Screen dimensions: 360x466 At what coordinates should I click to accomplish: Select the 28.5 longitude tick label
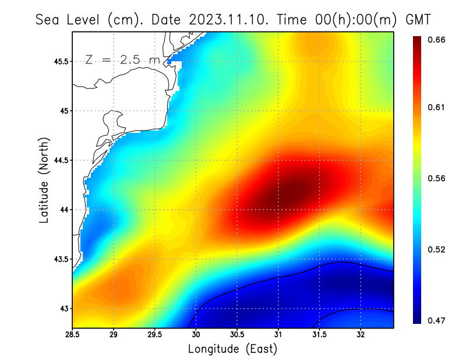[73, 334]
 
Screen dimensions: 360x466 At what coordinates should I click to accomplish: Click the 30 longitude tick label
[196, 334]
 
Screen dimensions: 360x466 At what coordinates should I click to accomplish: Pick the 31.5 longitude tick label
[320, 334]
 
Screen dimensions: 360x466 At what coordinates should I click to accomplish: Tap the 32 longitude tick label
[361, 334]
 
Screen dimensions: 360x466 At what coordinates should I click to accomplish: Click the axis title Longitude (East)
[232, 349]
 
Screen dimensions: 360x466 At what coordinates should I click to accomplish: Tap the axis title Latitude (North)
[44, 181]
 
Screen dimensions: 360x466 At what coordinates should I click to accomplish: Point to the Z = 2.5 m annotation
[122, 59]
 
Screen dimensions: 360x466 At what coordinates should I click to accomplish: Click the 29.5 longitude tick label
[156, 334]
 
